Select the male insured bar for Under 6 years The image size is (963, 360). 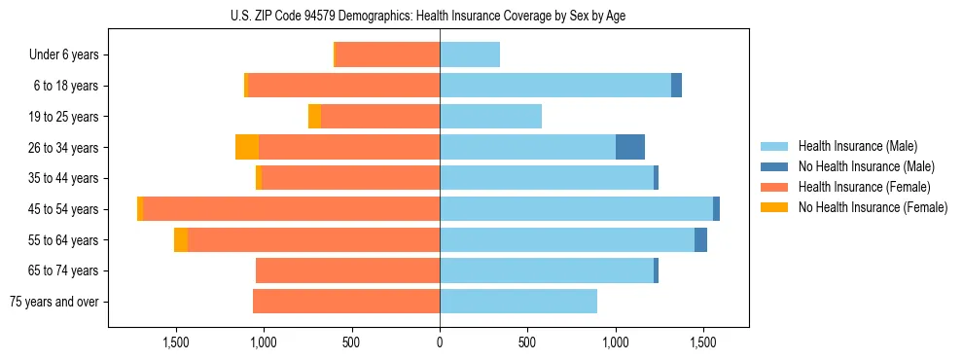click(470, 54)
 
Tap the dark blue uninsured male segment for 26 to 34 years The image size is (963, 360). click(630, 147)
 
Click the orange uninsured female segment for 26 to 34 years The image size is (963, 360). click(247, 147)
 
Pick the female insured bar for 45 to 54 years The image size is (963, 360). click(292, 209)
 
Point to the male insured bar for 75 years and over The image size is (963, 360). click(518, 302)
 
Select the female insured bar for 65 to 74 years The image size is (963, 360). click(347, 270)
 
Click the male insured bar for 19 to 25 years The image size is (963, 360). click(490, 117)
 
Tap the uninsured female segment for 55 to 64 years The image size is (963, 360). click(181, 240)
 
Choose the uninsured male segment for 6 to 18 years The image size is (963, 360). click(676, 86)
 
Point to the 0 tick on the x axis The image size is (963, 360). click(440, 342)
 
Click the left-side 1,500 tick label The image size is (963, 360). click(176, 342)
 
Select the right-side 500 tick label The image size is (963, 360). click(527, 342)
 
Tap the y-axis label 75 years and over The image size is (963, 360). click(53, 302)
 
